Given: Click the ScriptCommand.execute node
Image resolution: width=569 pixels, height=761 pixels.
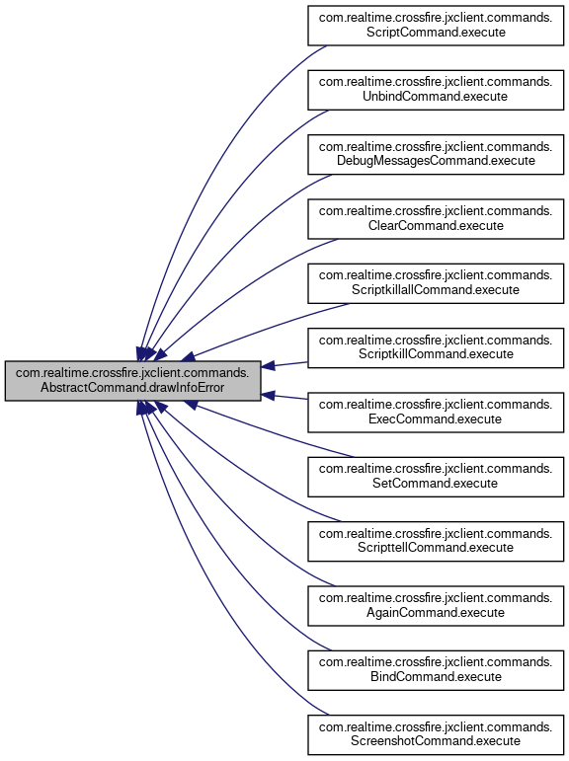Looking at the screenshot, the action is tap(436, 26).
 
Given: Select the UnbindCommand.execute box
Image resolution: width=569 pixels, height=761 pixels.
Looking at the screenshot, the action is tap(436, 90).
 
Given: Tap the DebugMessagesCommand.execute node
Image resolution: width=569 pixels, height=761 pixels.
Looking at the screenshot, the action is tap(436, 154).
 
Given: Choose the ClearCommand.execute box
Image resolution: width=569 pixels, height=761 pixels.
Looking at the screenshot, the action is tap(436, 219).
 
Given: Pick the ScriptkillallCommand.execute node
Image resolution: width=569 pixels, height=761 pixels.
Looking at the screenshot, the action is tap(436, 283).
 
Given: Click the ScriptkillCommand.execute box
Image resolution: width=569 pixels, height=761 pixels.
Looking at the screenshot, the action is tap(436, 348).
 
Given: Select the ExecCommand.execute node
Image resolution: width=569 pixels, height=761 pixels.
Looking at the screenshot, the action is tap(436, 413).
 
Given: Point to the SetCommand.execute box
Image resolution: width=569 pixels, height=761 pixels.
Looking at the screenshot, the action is tap(436, 477).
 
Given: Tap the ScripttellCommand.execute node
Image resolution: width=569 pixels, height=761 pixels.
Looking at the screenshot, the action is tap(436, 542).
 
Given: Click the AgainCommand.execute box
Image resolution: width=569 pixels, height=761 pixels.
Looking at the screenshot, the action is tap(436, 606).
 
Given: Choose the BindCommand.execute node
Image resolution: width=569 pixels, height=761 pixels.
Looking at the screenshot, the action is tap(436, 671).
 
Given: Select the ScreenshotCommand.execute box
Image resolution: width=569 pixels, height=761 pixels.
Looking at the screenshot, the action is tap(436, 735).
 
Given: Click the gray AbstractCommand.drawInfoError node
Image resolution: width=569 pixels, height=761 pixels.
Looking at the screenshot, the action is tap(132, 381).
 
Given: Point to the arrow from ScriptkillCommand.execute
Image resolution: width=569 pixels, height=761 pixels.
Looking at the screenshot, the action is tap(284, 364).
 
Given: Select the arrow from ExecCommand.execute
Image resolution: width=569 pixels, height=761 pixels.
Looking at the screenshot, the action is tap(284, 397).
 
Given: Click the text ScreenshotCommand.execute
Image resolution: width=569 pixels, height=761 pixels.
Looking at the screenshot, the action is tap(436, 741).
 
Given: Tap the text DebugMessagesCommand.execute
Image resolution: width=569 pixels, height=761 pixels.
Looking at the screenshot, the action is tap(436, 161).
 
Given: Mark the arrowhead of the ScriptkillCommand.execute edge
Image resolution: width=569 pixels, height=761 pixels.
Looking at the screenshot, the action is tap(268, 366).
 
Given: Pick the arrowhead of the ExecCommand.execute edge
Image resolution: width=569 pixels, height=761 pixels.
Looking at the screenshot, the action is tap(268, 395).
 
